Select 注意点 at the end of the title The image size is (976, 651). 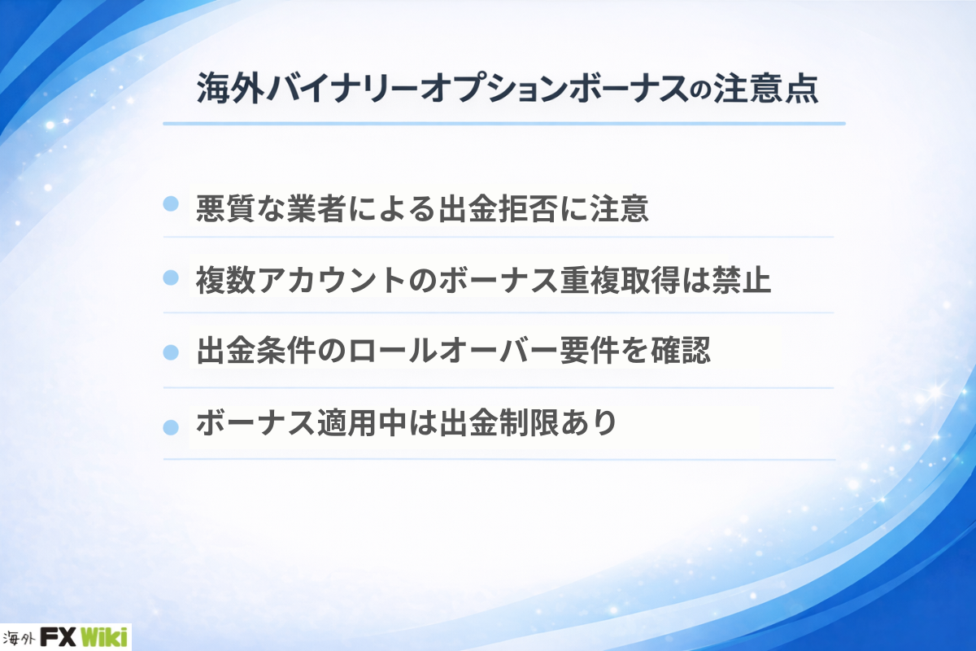tap(765, 89)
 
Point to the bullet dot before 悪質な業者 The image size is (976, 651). tap(171, 204)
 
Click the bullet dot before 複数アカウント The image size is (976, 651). tap(171, 277)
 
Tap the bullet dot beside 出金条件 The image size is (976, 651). tap(171, 352)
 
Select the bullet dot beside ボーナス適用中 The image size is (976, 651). tap(171, 427)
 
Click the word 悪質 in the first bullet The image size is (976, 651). tap(225, 208)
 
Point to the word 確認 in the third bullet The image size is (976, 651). tap(681, 351)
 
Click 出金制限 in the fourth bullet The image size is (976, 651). tap(499, 422)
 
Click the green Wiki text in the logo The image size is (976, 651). tap(104, 637)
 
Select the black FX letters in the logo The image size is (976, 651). tap(59, 637)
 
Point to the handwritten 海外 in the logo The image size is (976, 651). tap(19, 639)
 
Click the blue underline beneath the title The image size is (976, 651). tap(504, 124)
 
